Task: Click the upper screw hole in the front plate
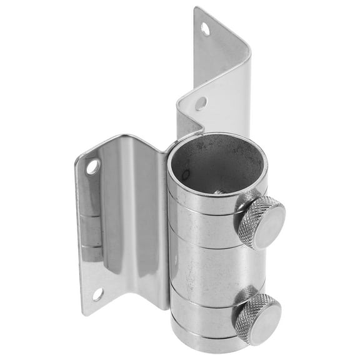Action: click(x=92, y=167)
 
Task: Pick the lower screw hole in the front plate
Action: click(x=97, y=294)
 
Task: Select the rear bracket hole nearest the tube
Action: click(x=201, y=103)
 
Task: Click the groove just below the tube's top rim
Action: click(x=206, y=207)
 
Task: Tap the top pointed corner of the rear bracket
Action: click(x=196, y=9)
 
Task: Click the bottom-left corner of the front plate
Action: click(x=84, y=312)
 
